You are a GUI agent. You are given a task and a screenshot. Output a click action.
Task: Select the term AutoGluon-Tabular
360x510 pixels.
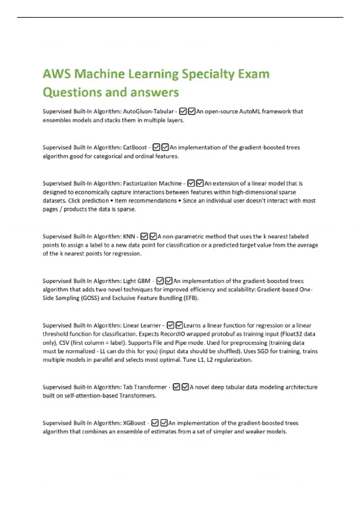148,111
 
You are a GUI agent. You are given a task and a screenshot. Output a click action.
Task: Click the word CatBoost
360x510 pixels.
135,147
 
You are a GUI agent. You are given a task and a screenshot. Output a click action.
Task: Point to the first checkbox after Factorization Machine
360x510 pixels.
191,183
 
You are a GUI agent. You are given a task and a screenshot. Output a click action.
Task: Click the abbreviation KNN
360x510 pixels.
129,236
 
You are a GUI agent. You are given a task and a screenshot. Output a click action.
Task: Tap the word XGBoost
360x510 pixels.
134,423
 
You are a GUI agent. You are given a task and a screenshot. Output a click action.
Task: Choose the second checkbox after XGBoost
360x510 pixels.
164,423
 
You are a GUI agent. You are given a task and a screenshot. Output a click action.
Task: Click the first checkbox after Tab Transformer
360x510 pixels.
176,387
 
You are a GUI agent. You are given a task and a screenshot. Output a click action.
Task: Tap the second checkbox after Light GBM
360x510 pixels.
169,281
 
